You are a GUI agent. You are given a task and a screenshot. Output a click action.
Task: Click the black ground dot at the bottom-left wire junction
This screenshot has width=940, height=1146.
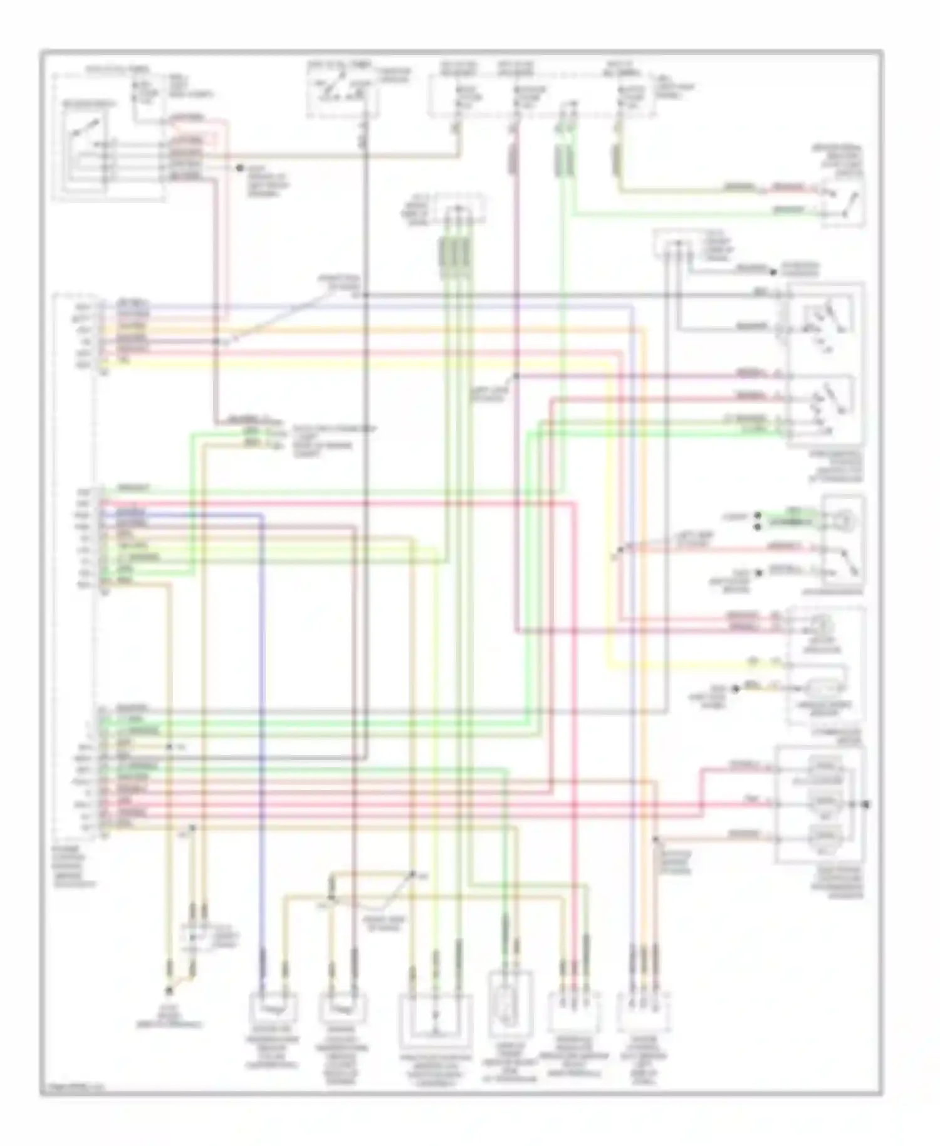[168, 991]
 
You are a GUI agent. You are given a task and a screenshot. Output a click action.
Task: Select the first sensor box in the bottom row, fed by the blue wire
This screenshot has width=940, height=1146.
[274, 1007]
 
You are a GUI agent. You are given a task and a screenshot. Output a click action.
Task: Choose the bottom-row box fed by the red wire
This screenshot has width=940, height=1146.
[573, 1012]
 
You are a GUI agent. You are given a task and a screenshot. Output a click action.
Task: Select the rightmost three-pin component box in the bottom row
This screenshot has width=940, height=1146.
[644, 1012]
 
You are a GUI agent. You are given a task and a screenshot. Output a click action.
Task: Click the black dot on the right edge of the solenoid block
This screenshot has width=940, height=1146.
[867, 804]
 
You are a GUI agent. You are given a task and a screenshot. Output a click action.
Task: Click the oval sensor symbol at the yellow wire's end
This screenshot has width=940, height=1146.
[824, 687]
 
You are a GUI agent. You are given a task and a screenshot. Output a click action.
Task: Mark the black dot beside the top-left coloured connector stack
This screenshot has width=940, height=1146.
[239, 168]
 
